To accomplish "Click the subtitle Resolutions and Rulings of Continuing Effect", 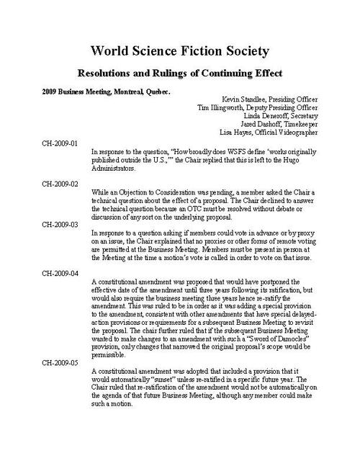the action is (x=179, y=73).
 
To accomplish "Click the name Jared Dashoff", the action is (x=254, y=132).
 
